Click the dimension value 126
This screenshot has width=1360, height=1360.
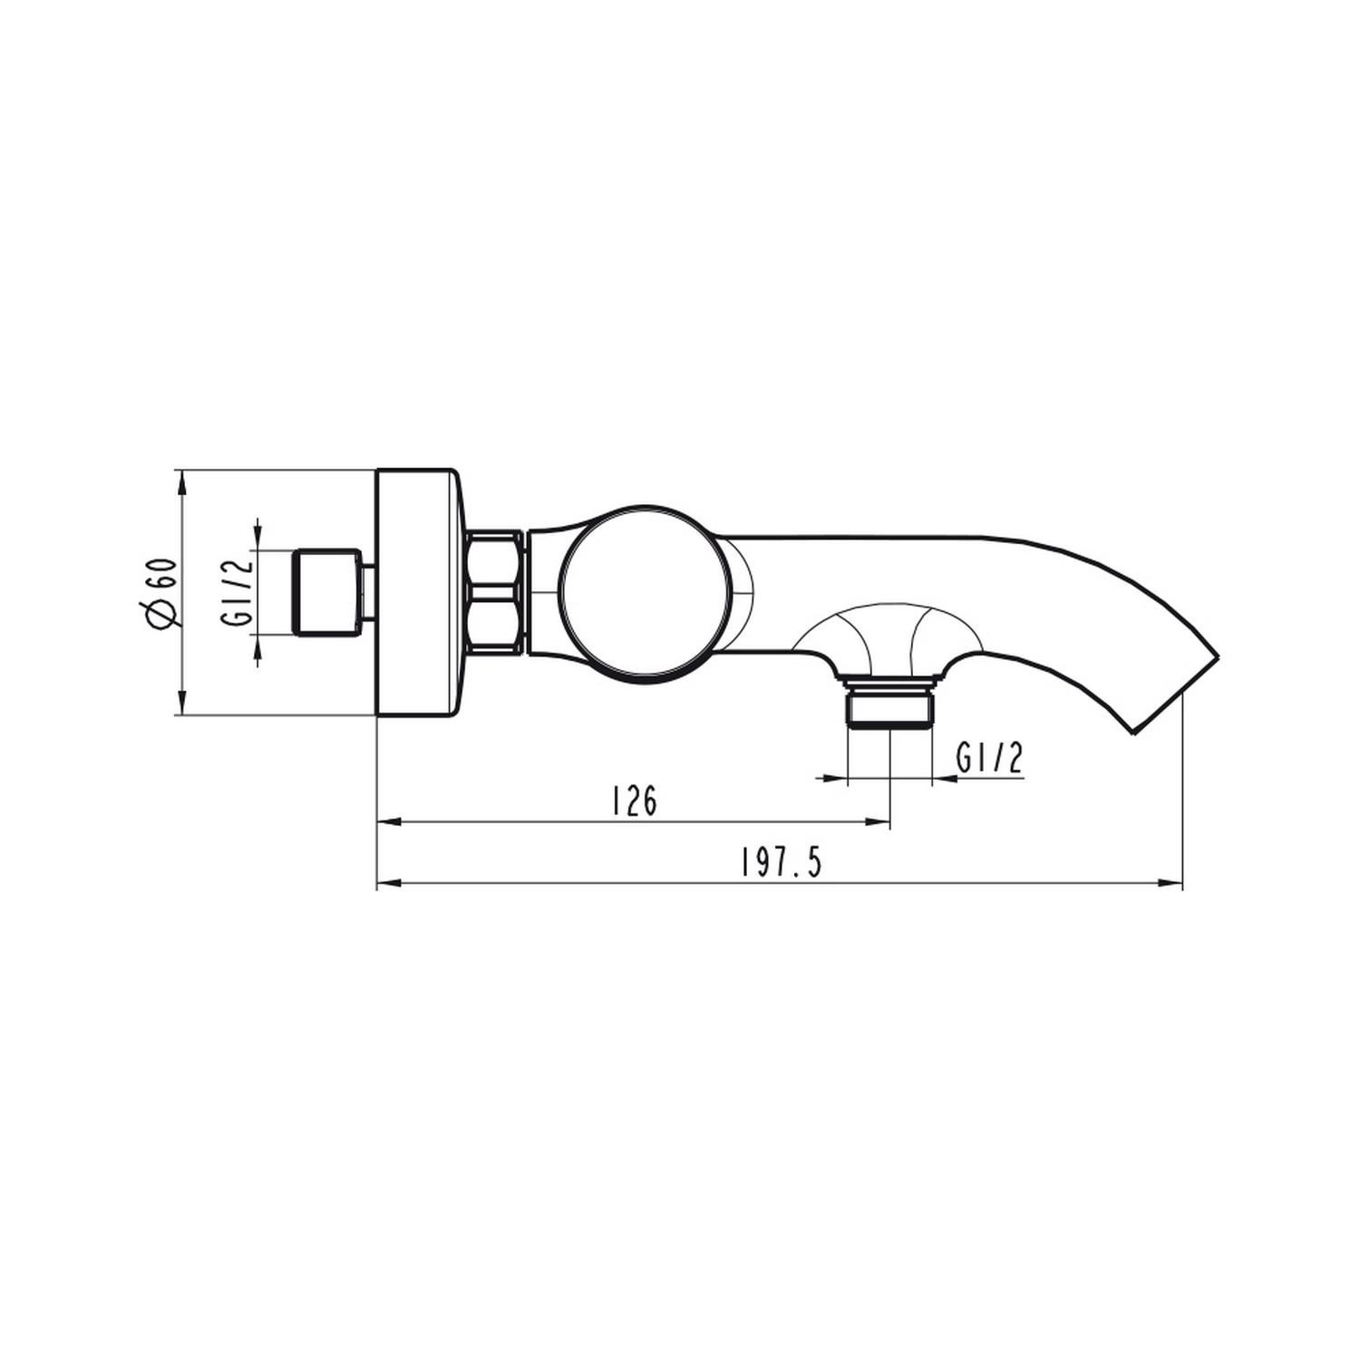click(634, 801)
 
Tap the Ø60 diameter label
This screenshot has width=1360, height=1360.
click(158, 592)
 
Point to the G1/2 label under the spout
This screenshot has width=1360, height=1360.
click(990, 758)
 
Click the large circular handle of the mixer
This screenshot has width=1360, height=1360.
click(646, 592)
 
